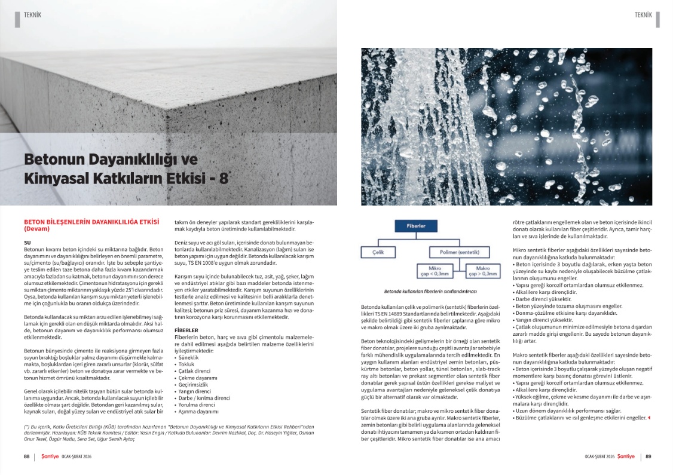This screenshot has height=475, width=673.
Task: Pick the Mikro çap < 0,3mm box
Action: click(439, 271)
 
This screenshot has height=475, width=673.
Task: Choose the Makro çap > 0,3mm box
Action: click(482, 271)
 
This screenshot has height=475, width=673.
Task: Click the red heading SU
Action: click(27, 242)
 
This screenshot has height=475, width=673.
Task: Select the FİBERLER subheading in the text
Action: click(186, 330)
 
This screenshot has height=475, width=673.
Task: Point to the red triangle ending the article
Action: click(649, 418)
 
